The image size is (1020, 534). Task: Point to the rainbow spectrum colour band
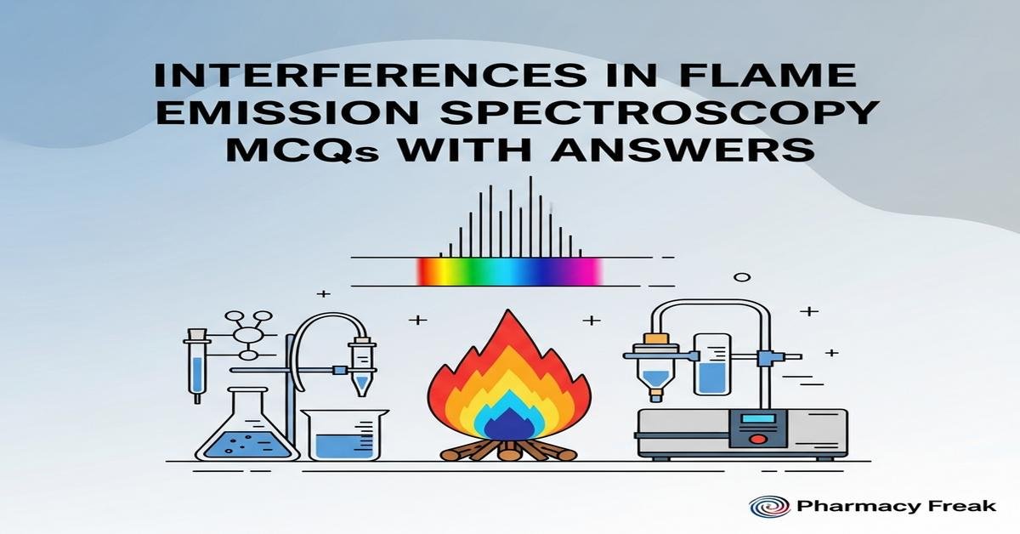(x=510, y=271)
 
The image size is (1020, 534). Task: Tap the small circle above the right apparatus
(x=742, y=277)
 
